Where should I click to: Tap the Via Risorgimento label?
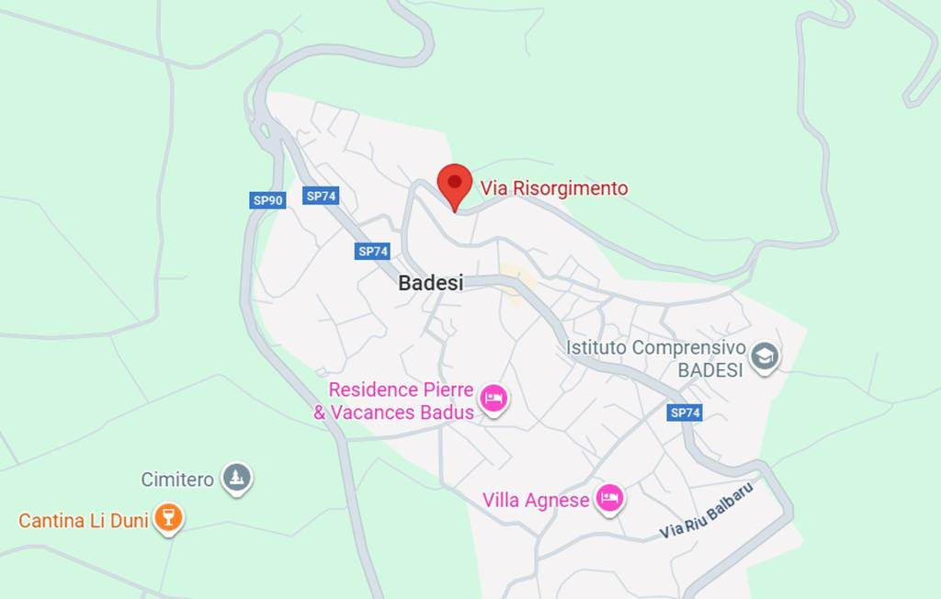point(554,188)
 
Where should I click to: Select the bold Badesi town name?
point(430,283)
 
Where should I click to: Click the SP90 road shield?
point(267,200)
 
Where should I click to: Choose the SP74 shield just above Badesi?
point(373,251)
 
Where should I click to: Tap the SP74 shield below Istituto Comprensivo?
point(685,413)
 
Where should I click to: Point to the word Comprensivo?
point(689,348)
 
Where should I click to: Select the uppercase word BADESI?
point(709,370)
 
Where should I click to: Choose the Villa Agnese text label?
point(536,501)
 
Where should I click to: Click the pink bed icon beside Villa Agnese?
point(608,499)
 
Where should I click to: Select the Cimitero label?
point(177,480)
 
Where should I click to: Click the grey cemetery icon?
point(237,478)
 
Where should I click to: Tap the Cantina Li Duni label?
point(84,521)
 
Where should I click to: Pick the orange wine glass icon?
point(167,516)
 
